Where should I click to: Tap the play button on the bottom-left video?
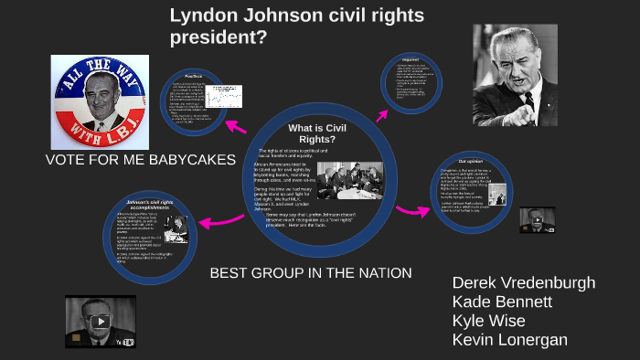click(x=100, y=322)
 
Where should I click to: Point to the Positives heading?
click(x=193, y=76)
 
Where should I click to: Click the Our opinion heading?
click(x=470, y=161)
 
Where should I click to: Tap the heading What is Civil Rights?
click(x=318, y=132)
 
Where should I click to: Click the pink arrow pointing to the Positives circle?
click(x=236, y=124)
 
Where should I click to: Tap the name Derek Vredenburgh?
click(x=523, y=282)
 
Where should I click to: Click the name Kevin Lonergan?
click(x=509, y=340)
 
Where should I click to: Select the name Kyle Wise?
click(x=489, y=321)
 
